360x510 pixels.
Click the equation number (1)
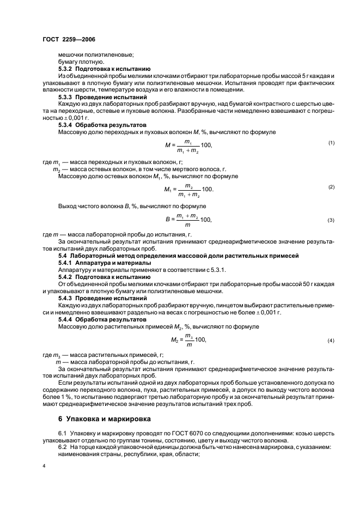coord(331,143)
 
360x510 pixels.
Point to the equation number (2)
coord(331,187)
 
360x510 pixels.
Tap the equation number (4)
coord(331,340)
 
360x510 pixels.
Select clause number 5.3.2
coord(66,69)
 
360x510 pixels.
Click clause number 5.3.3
coord(66,96)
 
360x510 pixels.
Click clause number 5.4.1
coord(66,262)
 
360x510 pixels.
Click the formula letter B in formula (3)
coord(168,220)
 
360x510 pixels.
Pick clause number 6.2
coord(62,446)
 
